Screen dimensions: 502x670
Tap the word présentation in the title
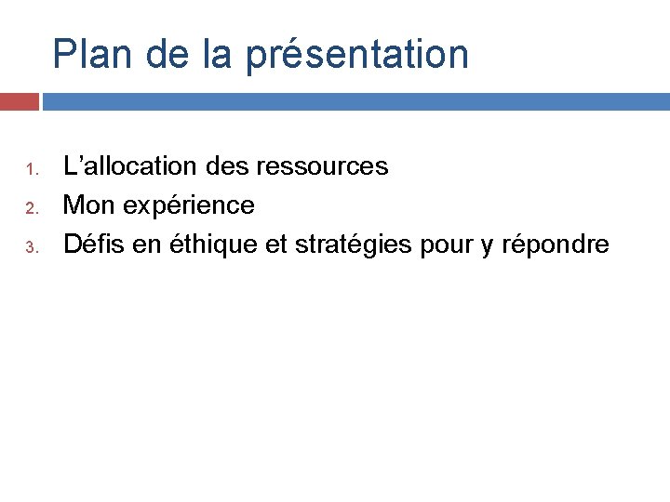(357, 54)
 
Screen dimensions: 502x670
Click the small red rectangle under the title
(19, 101)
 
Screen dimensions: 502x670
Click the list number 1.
(30, 169)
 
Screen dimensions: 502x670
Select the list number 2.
(30, 208)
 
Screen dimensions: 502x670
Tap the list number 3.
(30, 247)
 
